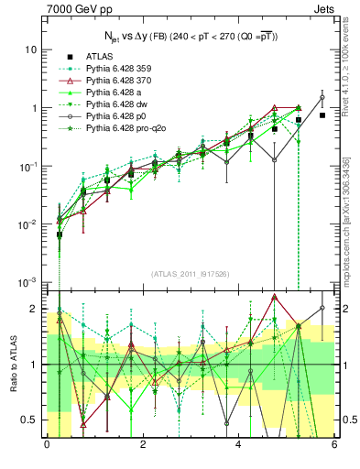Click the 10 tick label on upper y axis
(x=32, y=49)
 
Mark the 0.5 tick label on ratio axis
(x=29, y=420)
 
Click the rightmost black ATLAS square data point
(x=322, y=115)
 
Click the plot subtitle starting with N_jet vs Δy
(x=191, y=35)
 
